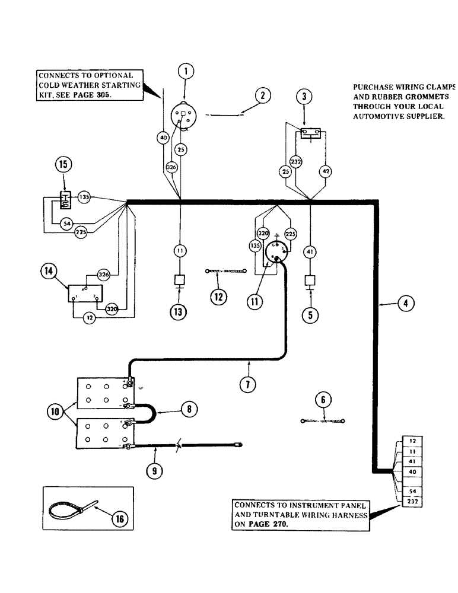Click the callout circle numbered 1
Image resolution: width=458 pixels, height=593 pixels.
click(186, 72)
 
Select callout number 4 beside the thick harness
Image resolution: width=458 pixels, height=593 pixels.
click(406, 304)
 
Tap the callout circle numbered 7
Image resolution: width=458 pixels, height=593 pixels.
click(247, 383)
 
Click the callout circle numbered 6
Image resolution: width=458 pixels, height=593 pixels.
click(323, 400)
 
